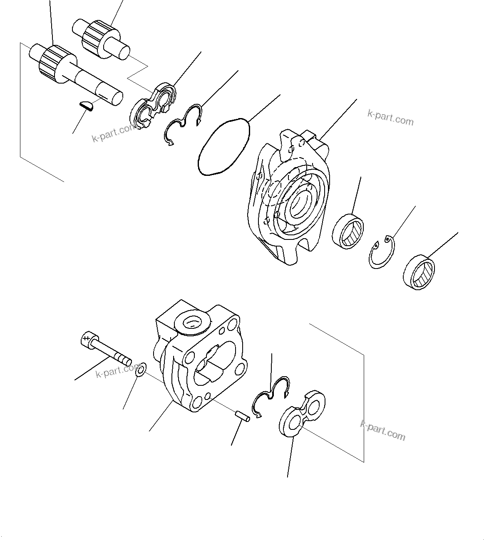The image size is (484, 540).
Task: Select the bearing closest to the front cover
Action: point(348,231)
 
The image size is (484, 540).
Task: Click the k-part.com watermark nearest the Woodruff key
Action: point(113,133)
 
